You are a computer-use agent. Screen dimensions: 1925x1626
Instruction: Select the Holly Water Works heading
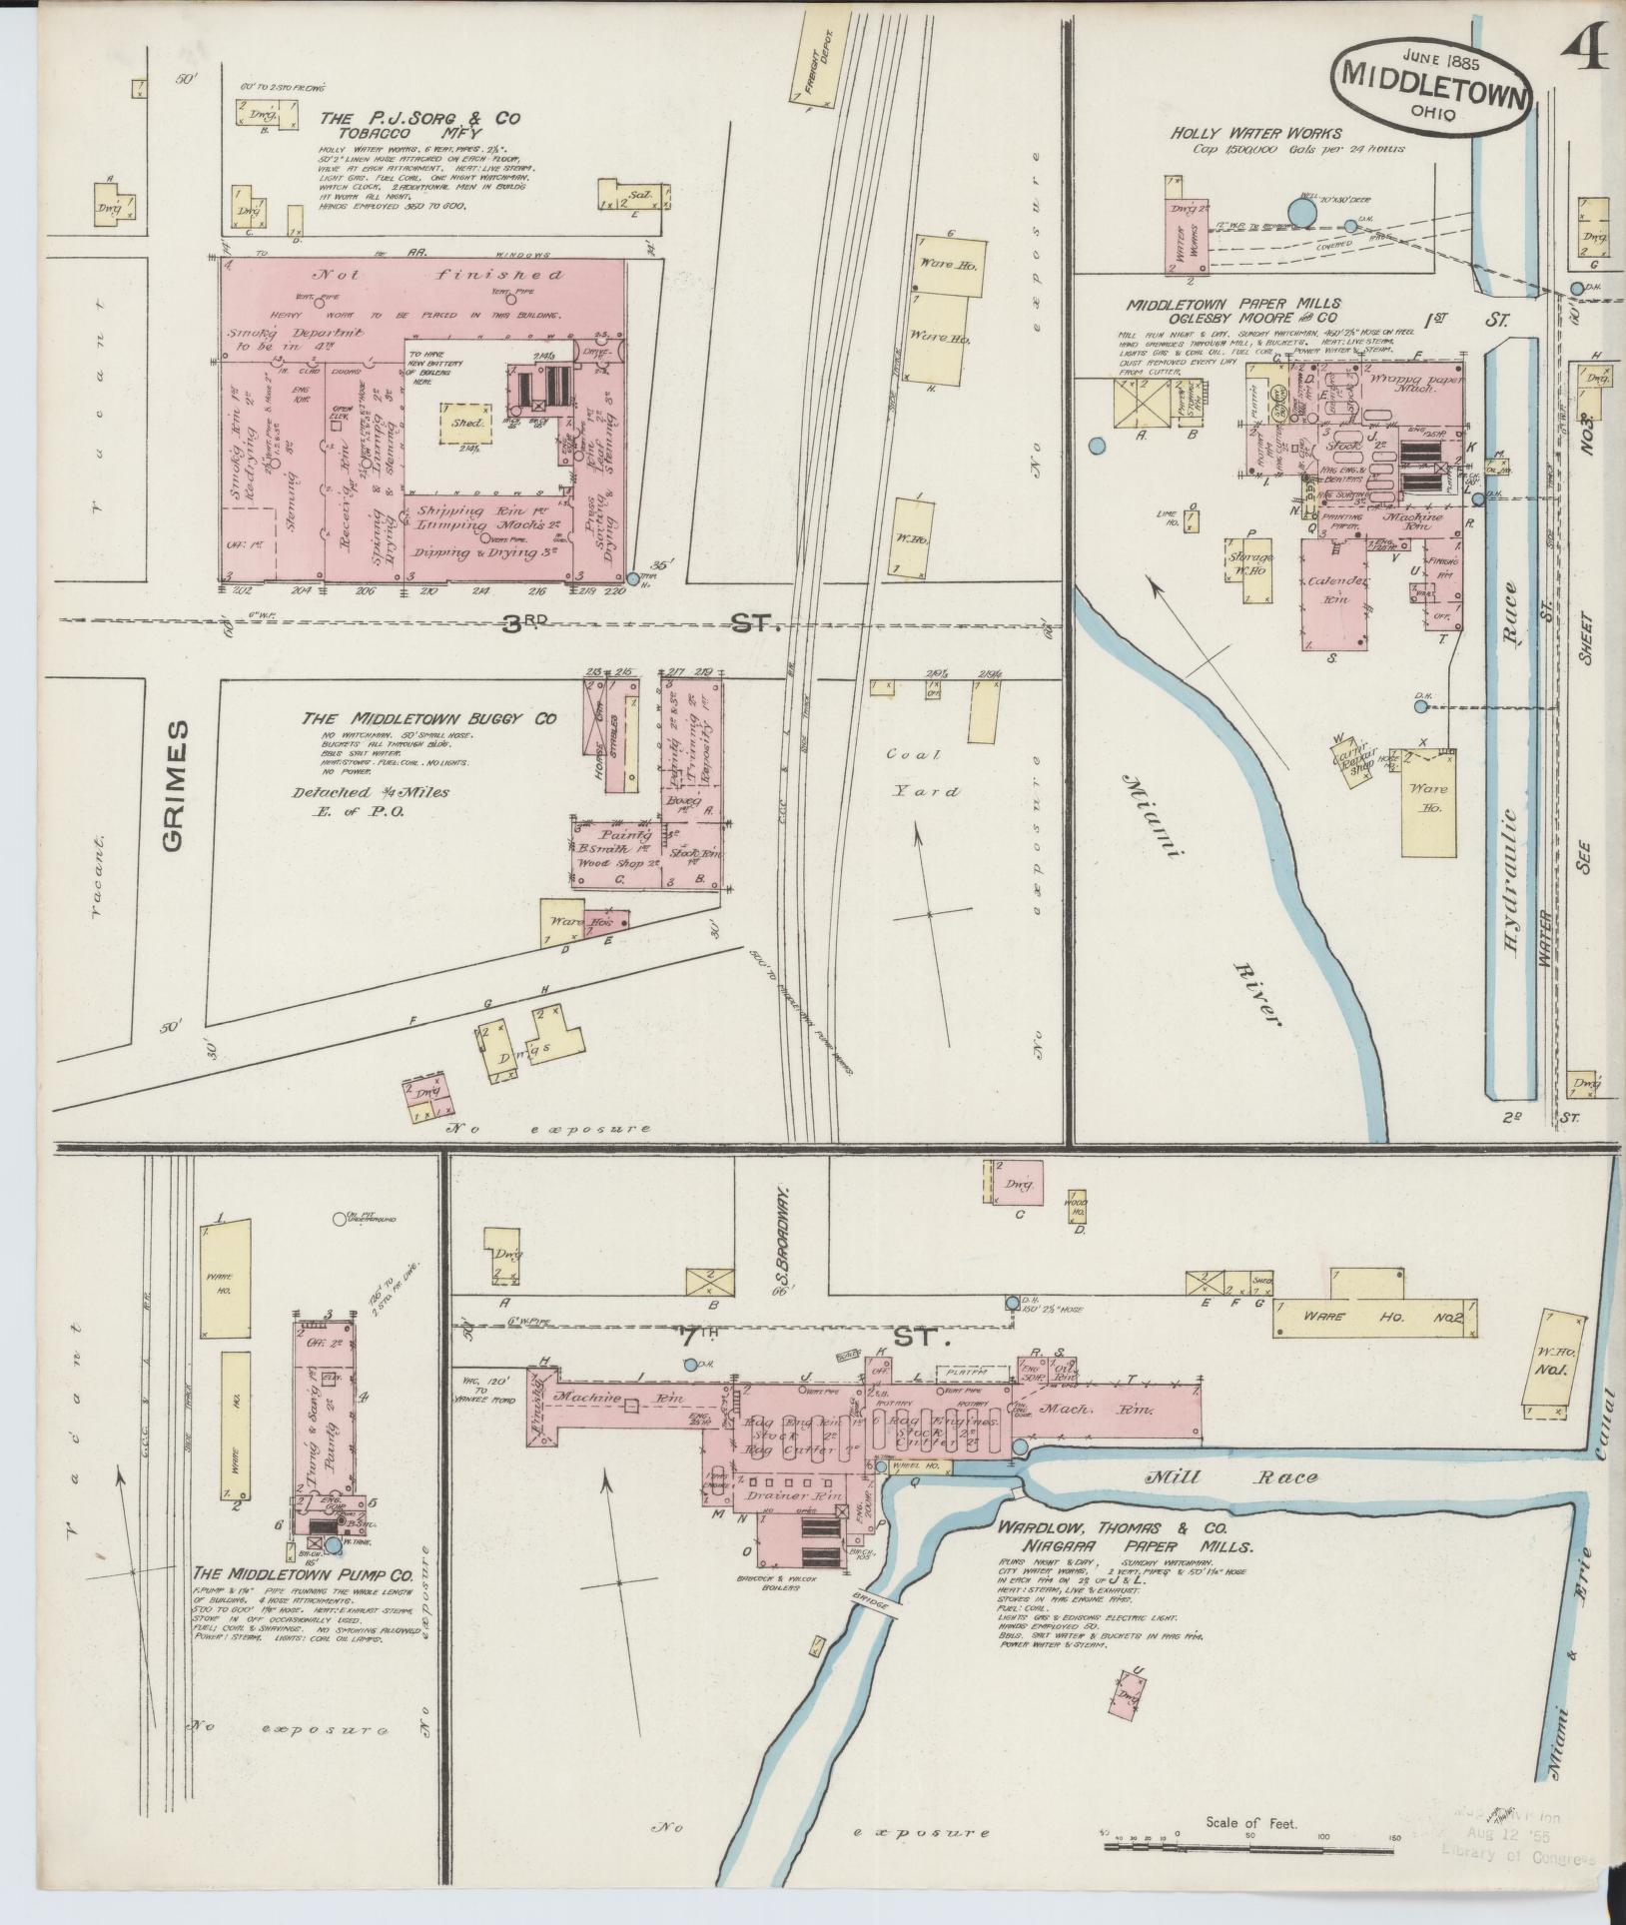click(1255, 133)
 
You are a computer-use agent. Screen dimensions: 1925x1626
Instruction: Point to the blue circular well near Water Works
click(1301, 212)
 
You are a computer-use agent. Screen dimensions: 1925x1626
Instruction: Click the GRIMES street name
click(175, 785)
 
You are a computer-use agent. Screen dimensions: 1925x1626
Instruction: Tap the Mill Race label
click(1230, 1477)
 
